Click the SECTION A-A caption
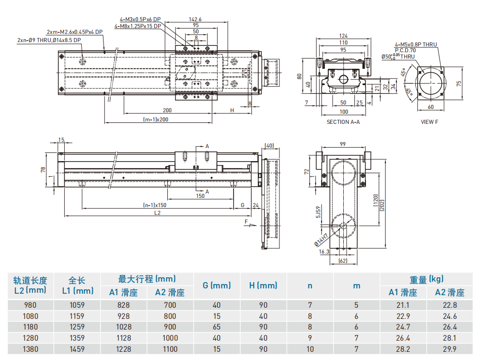tap(343, 122)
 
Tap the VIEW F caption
tap(429, 122)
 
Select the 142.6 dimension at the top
tap(196, 19)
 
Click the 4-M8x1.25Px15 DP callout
tap(137, 26)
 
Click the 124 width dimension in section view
tap(343, 36)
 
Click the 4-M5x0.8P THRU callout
tap(415, 45)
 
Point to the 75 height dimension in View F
tap(459, 83)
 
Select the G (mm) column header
tap(217, 285)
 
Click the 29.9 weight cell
tap(449, 349)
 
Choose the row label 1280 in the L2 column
tap(30, 338)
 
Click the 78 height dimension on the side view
tap(44, 170)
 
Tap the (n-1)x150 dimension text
tap(155, 205)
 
